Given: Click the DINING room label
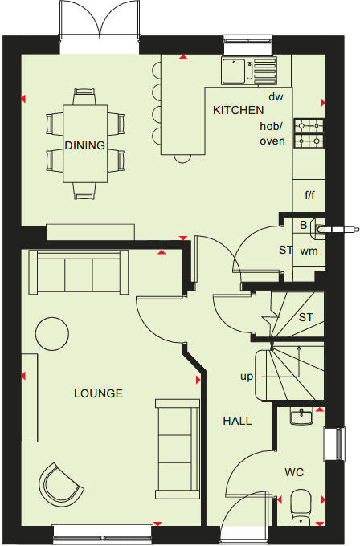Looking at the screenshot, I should pos(84,145).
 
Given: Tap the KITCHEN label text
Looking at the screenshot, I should pos(238,110).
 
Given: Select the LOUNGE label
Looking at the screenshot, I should pos(98,393).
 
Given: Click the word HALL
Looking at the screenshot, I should pos(237,421).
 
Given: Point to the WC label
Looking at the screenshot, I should pos(294,472).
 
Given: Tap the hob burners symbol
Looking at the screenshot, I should pos(309,133).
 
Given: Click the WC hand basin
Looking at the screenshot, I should pos(303,416).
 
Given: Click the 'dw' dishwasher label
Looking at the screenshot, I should pos(276,96).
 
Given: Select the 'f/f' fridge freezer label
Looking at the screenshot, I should pos(309,195).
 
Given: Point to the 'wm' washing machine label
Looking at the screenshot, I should pos(308,251).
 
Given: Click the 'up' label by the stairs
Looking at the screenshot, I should pos(247,376).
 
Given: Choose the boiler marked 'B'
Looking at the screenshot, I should pos(303,226).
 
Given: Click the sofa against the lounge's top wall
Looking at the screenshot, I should pos(78,273).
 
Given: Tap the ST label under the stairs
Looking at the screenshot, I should pos(305,317).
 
